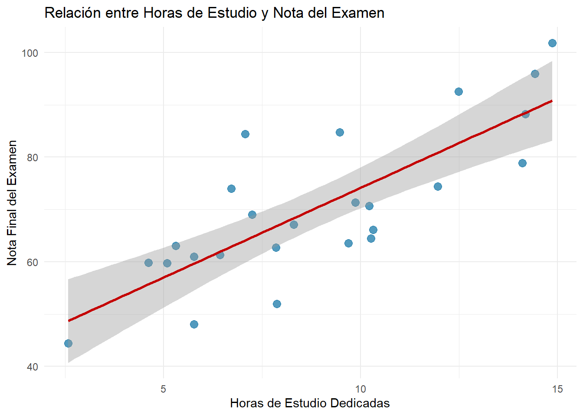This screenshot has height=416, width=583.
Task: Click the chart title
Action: pos(214,13)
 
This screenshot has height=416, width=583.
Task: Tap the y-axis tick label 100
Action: pos(30,53)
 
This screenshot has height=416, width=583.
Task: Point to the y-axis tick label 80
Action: pos(33,157)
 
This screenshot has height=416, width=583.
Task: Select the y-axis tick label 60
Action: pos(33,262)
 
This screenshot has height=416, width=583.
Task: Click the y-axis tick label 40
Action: pos(33,367)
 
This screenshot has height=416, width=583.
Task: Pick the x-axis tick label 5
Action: pos(164,389)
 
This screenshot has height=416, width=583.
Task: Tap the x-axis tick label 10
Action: pos(360,389)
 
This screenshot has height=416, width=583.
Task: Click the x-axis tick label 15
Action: pos(557,389)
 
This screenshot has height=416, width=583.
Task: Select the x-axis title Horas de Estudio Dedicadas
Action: pos(310,403)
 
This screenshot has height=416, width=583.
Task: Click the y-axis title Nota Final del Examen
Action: pos(12,203)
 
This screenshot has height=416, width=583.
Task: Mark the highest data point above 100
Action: pos(552,43)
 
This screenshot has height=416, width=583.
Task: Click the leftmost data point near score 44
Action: pos(68,343)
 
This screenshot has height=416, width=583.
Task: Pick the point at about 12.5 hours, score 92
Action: pos(459,91)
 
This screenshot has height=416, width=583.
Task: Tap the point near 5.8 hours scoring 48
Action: pos(194,324)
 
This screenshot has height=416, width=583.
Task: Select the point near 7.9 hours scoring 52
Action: pos(277,304)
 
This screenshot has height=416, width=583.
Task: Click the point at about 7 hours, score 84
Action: pos(245,134)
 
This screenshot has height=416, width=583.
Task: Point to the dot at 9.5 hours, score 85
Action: pos(340,132)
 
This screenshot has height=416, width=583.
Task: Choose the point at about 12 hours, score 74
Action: pos(438,186)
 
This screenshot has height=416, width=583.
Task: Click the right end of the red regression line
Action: pos(551,101)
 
